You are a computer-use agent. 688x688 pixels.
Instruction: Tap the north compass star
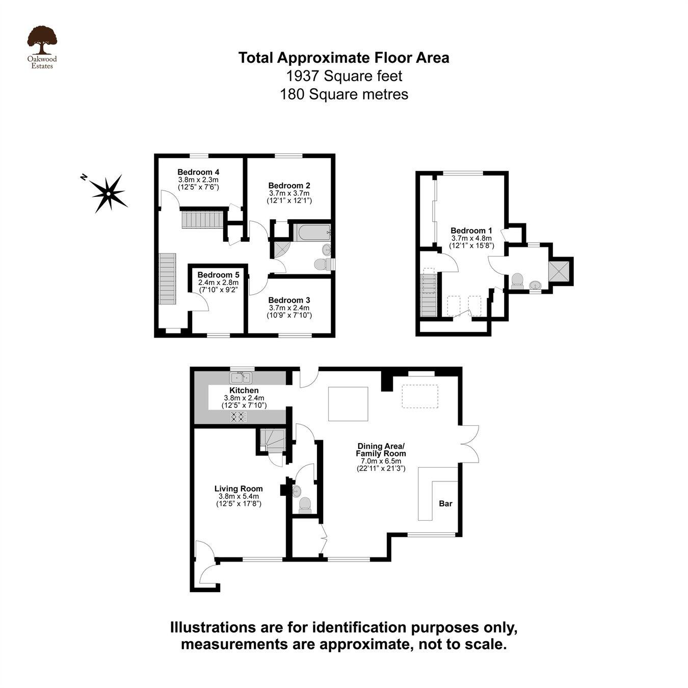pos(109,193)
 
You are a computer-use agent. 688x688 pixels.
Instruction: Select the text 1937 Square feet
pos(344,76)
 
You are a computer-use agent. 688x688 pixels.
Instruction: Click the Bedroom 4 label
pos(198,172)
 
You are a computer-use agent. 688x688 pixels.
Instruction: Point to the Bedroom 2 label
pos(289,186)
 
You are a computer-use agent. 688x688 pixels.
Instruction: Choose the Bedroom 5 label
pos(218,275)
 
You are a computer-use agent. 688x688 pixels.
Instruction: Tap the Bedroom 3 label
pos(289,300)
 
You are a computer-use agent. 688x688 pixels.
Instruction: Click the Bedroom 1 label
pos(471,231)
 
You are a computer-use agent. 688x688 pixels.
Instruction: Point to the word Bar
pos(445,504)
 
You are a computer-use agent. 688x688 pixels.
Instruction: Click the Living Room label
pos(239,489)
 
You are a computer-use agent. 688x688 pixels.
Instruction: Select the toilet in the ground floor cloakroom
pos(305,504)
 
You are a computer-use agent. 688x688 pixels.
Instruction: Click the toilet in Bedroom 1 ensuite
pos(517,281)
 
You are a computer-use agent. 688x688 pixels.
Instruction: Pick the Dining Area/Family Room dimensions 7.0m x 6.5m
pos(381,461)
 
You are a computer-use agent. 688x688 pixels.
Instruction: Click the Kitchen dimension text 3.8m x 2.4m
pos(244,398)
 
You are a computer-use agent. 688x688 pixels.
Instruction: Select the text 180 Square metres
pos(344,94)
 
